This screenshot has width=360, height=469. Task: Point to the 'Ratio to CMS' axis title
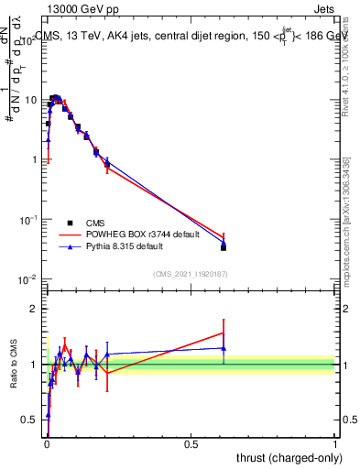coord(16,365)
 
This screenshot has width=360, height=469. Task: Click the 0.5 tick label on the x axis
coord(191,443)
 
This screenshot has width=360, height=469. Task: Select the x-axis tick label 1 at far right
coord(335,443)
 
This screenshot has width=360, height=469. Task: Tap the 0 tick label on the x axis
coord(47,443)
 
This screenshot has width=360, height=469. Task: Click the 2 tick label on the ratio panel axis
coord(36,309)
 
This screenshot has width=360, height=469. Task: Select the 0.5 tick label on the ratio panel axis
coord(32,420)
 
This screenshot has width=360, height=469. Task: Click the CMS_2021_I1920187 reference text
coord(191,273)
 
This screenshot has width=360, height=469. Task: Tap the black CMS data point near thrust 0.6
coord(224,247)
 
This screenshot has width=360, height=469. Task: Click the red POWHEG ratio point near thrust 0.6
coord(224,333)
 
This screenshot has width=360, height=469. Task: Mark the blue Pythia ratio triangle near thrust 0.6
coord(224,348)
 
